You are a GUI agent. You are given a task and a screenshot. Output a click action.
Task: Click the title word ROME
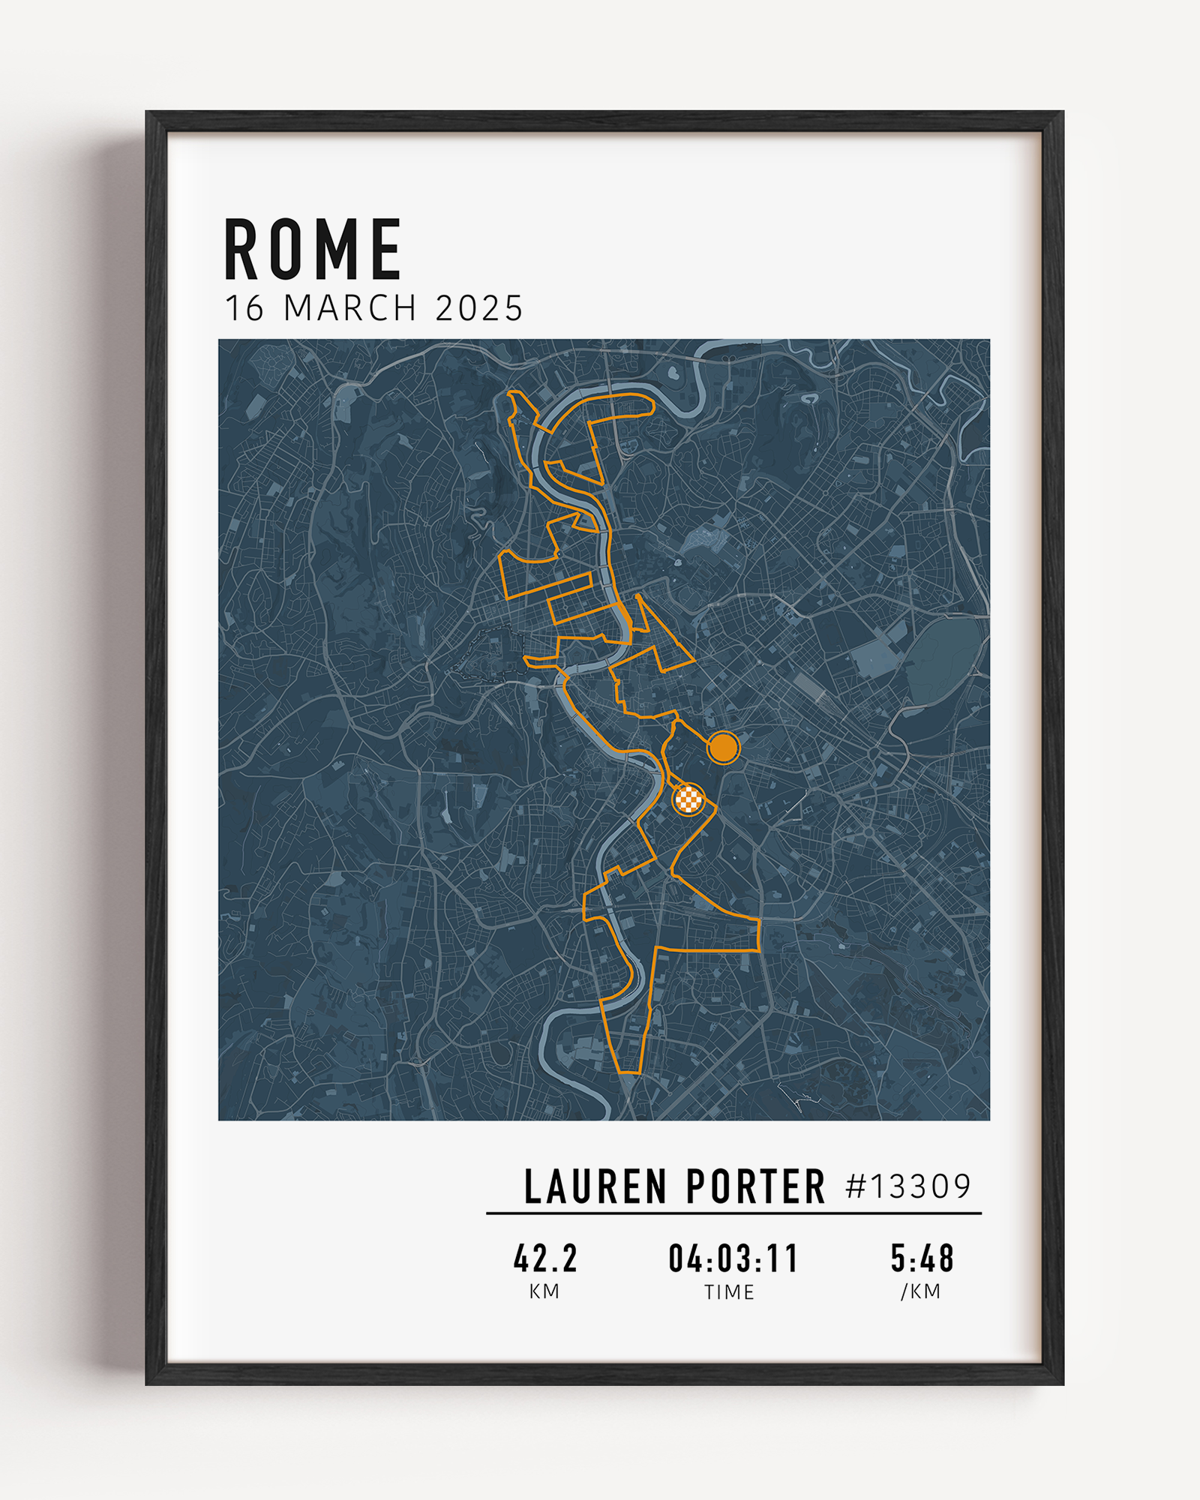[x=313, y=250]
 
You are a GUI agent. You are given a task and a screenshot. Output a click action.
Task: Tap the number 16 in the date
[x=244, y=308]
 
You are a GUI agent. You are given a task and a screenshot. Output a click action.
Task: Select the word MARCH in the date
[x=350, y=308]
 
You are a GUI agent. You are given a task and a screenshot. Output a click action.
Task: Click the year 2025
[x=478, y=308]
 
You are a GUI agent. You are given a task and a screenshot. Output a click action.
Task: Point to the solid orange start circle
[x=723, y=747]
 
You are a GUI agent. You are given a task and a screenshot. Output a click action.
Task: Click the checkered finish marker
[x=688, y=799]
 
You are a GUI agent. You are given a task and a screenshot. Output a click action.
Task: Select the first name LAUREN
[x=595, y=1187]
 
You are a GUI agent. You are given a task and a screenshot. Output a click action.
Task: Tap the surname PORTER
[x=754, y=1187]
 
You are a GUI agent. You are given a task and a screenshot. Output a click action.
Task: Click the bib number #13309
[x=908, y=1186]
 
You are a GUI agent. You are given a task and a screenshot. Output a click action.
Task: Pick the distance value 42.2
[x=545, y=1258]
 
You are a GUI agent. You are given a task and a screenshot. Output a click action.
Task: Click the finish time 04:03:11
[x=733, y=1258]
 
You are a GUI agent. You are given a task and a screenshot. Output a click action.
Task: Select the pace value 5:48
[x=922, y=1258]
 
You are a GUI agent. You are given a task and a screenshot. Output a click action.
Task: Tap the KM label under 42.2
[x=544, y=1291]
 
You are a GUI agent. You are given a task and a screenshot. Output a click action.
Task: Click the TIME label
[x=729, y=1292]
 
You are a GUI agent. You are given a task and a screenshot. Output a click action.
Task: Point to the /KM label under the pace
[x=921, y=1291]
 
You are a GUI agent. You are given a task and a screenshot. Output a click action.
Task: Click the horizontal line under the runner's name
[x=733, y=1213]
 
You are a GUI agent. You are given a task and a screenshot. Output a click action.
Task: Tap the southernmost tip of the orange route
[x=628, y=1073]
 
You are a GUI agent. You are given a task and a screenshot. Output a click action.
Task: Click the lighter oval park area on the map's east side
[x=943, y=660]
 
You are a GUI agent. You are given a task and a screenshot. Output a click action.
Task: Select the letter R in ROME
[x=241, y=250]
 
